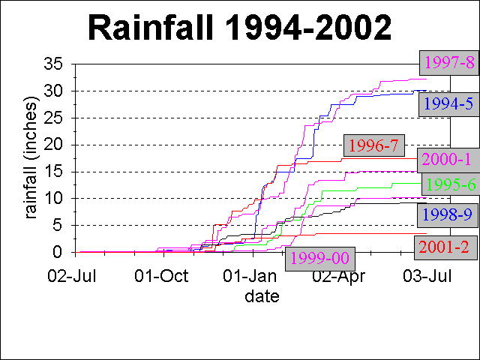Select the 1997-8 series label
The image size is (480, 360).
click(x=448, y=61)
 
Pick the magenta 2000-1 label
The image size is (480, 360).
click(x=447, y=160)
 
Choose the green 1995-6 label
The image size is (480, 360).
click(x=448, y=184)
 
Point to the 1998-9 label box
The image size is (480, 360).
click(x=447, y=214)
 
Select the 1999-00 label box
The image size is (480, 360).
click(x=319, y=258)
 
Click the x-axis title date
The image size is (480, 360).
click(x=262, y=297)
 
